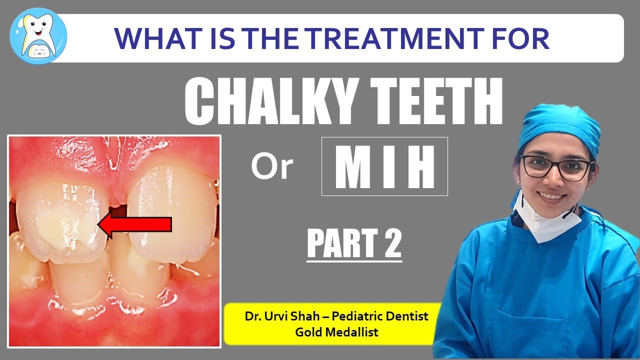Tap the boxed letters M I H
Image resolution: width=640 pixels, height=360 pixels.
tap(384, 166)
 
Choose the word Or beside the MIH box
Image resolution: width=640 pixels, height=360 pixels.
tap(271, 168)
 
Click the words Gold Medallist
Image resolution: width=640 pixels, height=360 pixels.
tap(329, 331)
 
